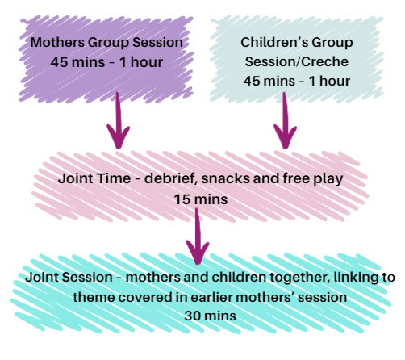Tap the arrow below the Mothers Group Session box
tap(118, 120)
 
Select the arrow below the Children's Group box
tap(285, 120)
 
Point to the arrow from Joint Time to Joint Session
tap(198, 237)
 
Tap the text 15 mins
tap(201, 199)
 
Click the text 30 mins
tap(210, 316)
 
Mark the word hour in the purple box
tap(147, 62)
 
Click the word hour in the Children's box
tap(335, 81)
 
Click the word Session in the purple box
tap(157, 43)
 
